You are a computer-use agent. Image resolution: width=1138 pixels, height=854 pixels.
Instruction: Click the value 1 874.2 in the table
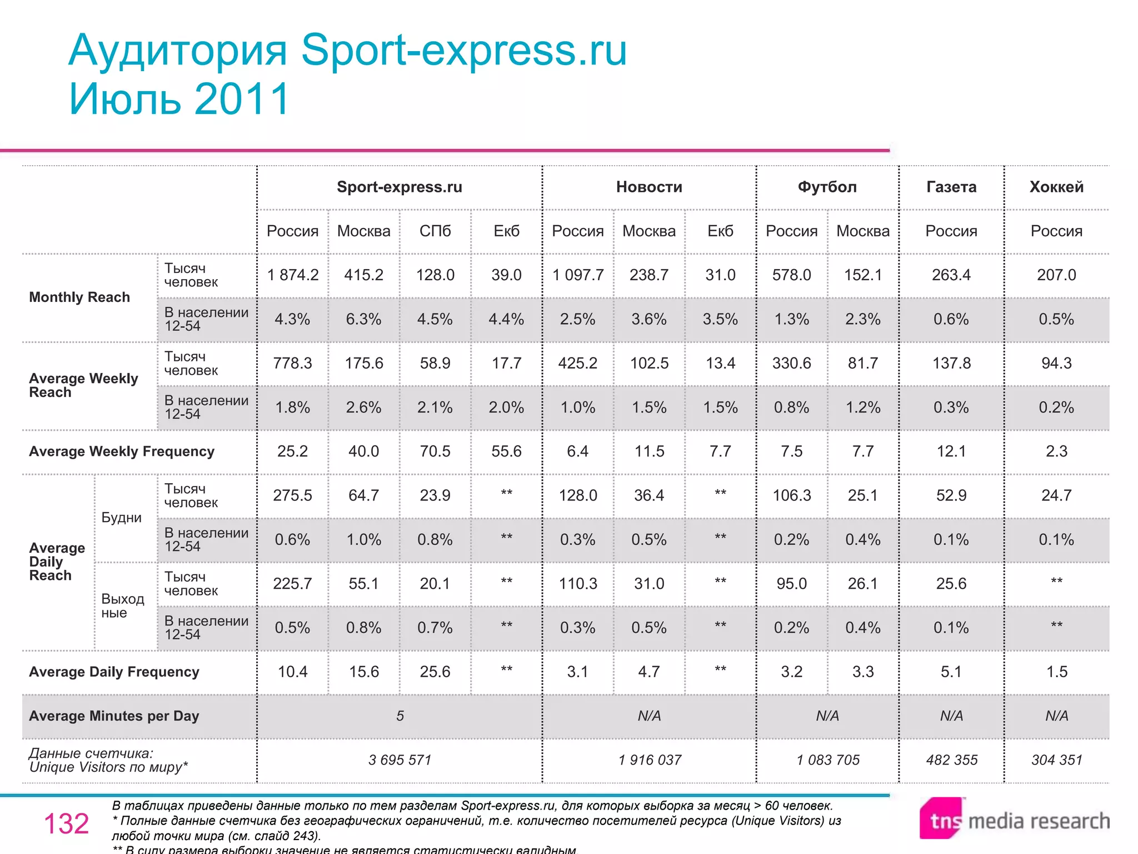293,275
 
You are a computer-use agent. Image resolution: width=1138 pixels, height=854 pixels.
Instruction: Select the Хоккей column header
1056,187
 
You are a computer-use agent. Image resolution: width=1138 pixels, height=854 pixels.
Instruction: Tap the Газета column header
951,187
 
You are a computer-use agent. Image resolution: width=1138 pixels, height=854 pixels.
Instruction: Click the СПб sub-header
435,231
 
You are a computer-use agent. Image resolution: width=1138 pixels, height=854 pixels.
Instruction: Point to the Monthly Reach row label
79,297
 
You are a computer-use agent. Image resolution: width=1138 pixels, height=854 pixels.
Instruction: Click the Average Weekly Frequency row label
122,451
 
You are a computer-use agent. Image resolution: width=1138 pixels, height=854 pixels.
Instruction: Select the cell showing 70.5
435,451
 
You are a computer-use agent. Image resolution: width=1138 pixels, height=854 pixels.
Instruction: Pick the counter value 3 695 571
400,760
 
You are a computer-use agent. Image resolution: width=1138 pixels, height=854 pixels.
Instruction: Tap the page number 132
66,823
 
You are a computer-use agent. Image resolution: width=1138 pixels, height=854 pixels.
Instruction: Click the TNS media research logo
1014,820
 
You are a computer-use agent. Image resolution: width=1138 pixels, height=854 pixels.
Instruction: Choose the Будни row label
121,518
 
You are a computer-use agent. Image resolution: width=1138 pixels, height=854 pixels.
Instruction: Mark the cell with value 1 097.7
578,275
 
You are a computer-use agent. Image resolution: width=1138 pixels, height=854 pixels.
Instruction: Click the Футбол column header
827,187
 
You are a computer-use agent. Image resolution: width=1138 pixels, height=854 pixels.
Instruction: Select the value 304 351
1057,760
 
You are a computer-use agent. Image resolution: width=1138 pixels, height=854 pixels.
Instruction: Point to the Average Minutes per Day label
114,716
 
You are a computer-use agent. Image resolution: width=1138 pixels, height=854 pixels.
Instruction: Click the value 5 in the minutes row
400,716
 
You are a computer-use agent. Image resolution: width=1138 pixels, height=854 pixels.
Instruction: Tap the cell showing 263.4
951,275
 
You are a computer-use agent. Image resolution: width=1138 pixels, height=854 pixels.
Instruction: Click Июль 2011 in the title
179,99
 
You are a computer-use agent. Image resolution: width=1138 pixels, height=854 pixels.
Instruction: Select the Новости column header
649,187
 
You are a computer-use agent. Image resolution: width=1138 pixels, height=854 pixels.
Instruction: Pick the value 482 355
951,760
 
